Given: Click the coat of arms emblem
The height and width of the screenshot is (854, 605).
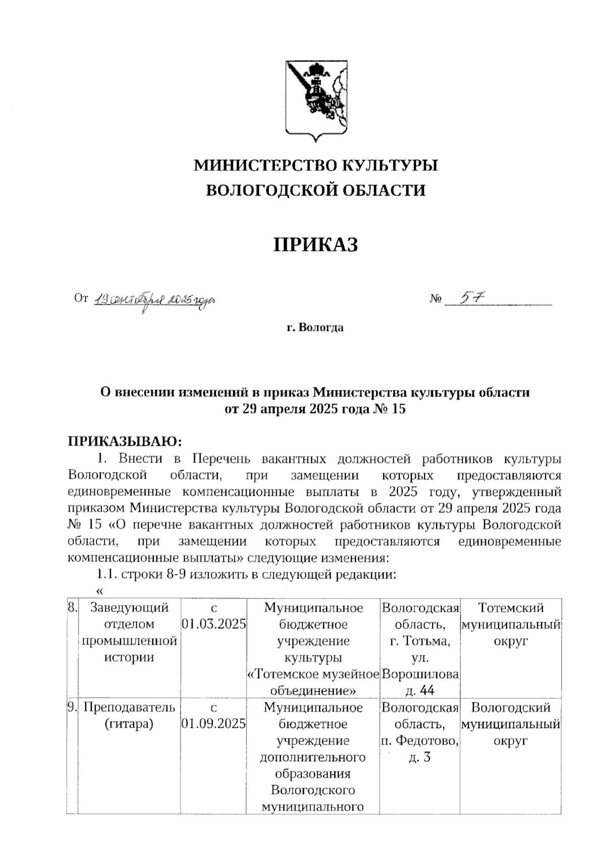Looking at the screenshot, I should pyautogui.click(x=316, y=99).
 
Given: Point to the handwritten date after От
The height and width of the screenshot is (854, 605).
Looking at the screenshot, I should pyautogui.click(x=155, y=300).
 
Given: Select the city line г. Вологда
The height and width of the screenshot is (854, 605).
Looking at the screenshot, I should pyautogui.click(x=315, y=327).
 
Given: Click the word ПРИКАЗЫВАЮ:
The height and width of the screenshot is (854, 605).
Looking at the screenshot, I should pyautogui.click(x=124, y=441).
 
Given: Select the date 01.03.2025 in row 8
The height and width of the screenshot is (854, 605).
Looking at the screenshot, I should pyautogui.click(x=214, y=624).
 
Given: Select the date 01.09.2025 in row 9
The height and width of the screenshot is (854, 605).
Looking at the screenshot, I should pyautogui.click(x=214, y=724).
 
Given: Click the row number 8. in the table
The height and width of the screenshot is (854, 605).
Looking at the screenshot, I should pyautogui.click(x=72, y=608).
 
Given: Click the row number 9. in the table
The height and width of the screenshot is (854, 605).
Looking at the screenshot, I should pyautogui.click(x=72, y=707).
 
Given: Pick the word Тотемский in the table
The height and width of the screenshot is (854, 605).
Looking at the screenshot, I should pyautogui.click(x=510, y=608).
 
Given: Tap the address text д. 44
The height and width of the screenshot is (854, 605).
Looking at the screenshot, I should pyautogui.click(x=419, y=690).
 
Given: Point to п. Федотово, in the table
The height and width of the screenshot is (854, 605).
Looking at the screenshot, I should pyautogui.click(x=419, y=741).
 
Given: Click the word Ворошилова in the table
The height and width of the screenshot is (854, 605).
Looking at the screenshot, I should pyautogui.click(x=420, y=674).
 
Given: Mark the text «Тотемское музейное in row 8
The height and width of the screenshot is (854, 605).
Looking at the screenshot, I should pyautogui.click(x=313, y=674).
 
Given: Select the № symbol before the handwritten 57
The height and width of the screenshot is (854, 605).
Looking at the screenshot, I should pyautogui.click(x=436, y=299).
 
